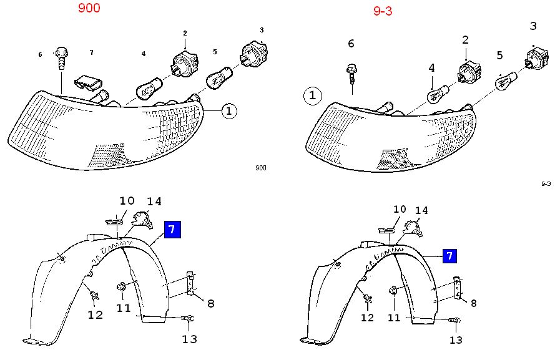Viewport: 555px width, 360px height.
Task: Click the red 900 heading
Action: click(89, 9)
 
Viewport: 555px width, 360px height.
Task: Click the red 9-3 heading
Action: click(382, 11)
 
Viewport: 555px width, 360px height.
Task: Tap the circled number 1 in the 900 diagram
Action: click(229, 112)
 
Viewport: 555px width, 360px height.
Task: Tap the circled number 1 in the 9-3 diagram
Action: click(313, 96)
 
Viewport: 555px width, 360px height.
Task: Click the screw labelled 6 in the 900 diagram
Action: click(61, 57)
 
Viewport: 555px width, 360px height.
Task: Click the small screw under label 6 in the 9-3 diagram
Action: click(351, 74)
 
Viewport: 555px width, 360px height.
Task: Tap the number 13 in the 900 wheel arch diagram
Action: click(189, 339)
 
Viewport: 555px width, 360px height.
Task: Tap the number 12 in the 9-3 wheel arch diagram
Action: click(367, 318)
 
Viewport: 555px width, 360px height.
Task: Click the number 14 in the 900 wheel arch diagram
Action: click(154, 201)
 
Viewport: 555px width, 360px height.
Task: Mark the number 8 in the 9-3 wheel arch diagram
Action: click(473, 304)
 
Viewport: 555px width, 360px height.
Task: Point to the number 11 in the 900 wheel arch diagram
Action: click(123, 308)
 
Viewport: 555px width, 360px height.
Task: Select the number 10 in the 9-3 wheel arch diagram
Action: click(399, 210)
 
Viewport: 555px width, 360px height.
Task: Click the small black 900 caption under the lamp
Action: click(260, 168)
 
